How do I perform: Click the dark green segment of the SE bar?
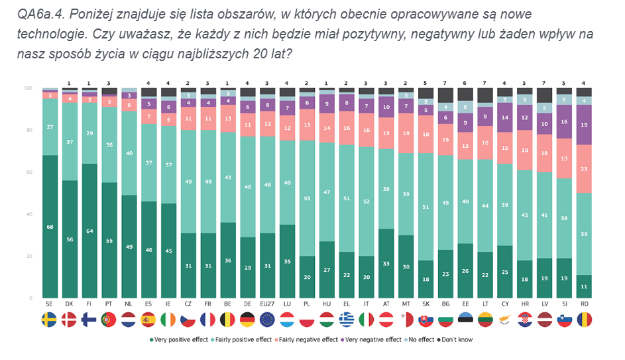(x=50, y=227)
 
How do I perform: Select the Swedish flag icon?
(x=50, y=320)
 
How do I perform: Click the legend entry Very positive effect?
(x=178, y=339)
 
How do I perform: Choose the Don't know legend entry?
(x=455, y=339)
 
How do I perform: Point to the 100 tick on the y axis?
(x=28, y=88)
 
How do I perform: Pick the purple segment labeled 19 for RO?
(x=583, y=125)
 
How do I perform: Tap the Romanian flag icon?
(x=583, y=320)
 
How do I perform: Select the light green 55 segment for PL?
(x=307, y=198)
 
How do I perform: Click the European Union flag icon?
(x=268, y=320)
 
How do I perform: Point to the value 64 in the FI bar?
(x=89, y=231)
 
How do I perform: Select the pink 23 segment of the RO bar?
(x=583, y=169)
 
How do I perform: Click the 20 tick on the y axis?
(x=28, y=256)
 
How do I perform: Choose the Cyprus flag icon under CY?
(x=505, y=320)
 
